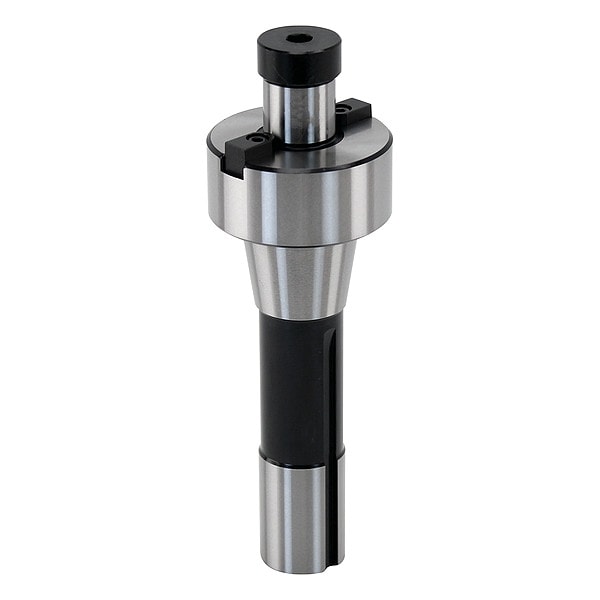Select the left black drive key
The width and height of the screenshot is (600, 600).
(x=244, y=151)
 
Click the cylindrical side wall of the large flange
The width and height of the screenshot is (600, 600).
(x=300, y=205)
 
